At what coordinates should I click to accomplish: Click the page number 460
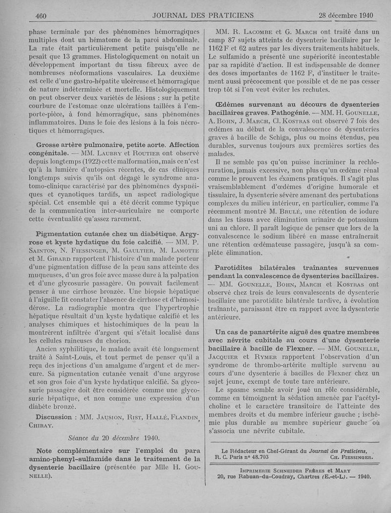click(41, 15)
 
